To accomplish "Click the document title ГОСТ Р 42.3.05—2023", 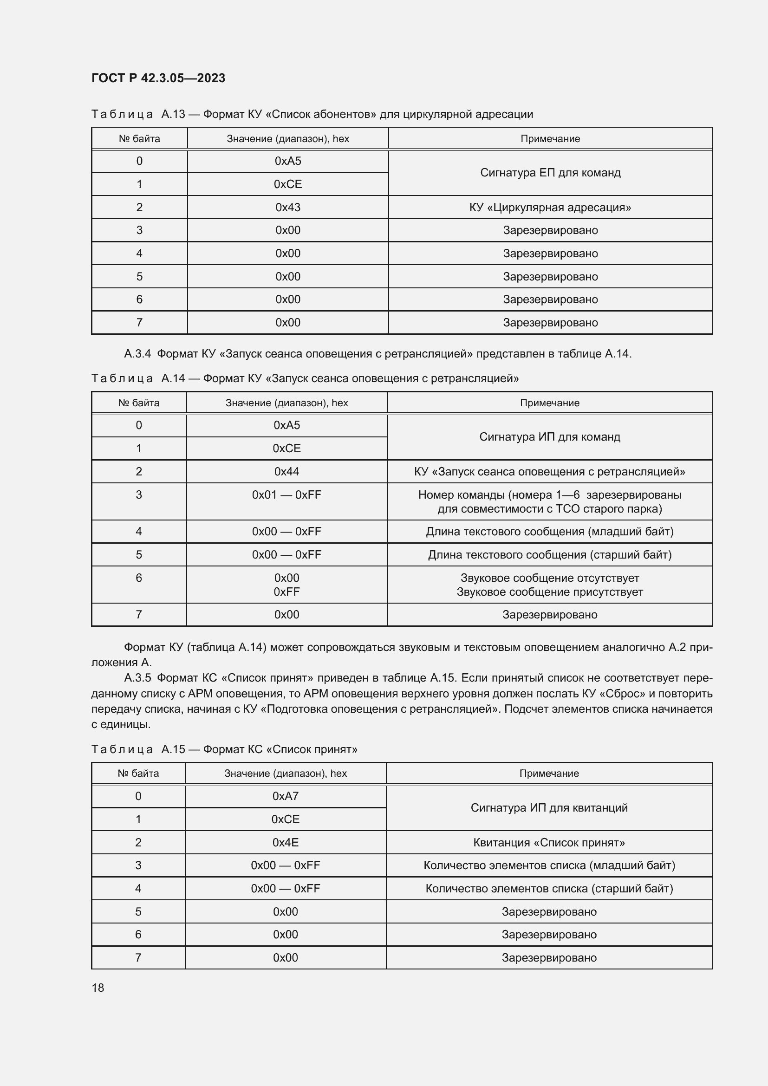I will [158, 78].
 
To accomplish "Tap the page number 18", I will [98, 988].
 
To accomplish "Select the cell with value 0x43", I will [287, 207].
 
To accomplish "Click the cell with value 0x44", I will [286, 471].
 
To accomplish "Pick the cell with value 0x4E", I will [285, 842].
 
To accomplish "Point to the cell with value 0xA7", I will [285, 796].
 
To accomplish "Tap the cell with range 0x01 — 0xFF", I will [286, 495].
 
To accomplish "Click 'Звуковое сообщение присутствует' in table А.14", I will [549, 592].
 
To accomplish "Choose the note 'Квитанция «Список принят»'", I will [548, 842].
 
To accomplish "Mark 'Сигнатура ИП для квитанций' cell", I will [548, 807].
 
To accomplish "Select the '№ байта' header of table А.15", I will [138, 774].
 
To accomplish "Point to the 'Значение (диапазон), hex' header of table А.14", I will [286, 403].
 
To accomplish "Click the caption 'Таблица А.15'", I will [138, 749].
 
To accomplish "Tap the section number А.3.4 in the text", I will [137, 354].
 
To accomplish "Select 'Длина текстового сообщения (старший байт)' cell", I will [549, 554].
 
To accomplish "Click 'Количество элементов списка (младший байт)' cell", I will [548, 865].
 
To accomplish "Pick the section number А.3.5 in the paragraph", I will [137, 678].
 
